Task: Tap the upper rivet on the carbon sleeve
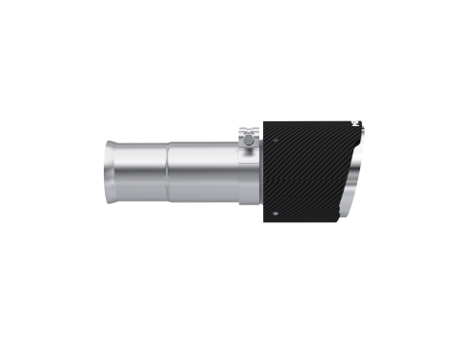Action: click(350, 124)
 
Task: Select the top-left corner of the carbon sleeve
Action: click(264, 121)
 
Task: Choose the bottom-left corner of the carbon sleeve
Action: click(264, 216)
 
